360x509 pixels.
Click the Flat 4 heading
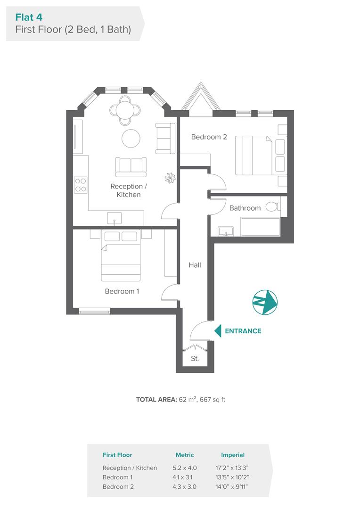coord(29,17)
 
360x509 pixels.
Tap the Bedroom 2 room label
coord(209,137)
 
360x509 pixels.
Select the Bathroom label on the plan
coord(245,208)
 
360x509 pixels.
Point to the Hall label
coord(195,265)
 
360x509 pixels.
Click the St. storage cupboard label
coord(195,358)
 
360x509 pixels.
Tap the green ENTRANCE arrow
coord(218,331)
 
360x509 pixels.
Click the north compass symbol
coord(265,302)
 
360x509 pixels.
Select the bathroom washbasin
coord(226,231)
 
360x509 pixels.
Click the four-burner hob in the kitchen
coord(81,185)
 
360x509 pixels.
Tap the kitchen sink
coord(114,218)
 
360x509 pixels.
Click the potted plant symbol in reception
coord(170,178)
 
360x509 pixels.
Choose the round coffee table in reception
coord(131,138)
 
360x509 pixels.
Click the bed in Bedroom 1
coord(121,255)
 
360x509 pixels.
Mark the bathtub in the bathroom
coord(261,227)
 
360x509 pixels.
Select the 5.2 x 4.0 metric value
coord(185,468)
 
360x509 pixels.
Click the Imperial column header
coord(233,455)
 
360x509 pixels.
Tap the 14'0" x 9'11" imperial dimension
coord(232,486)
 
